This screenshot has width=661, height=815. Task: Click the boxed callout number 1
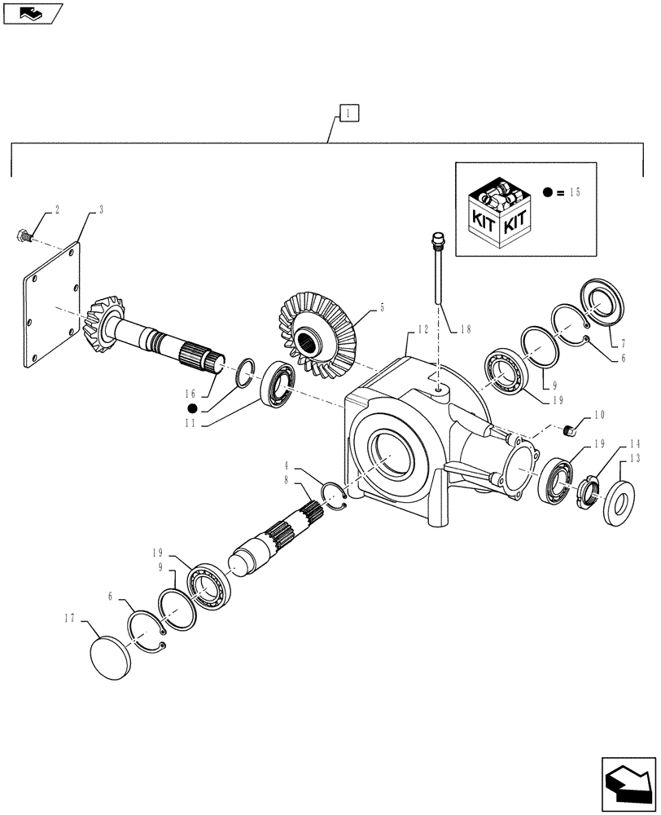pyautogui.click(x=347, y=113)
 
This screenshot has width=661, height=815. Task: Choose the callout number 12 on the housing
pyautogui.click(x=422, y=329)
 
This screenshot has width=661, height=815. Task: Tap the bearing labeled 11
pyautogui.click(x=277, y=383)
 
